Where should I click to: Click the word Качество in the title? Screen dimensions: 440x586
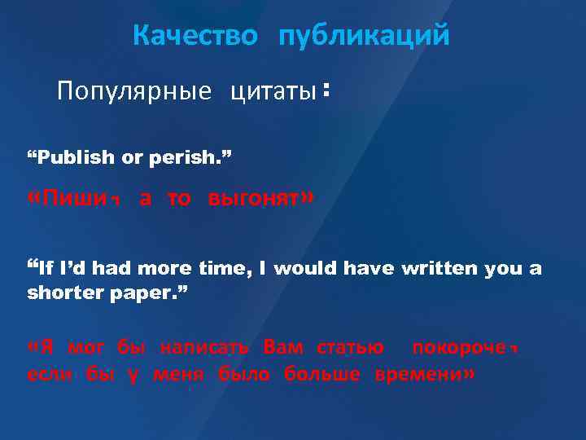[195, 36]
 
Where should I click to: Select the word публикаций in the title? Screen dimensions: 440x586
[363, 37]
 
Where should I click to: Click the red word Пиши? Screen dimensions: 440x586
[79, 200]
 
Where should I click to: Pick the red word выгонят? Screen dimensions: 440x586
[255, 200]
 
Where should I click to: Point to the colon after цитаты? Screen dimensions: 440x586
[326, 93]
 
